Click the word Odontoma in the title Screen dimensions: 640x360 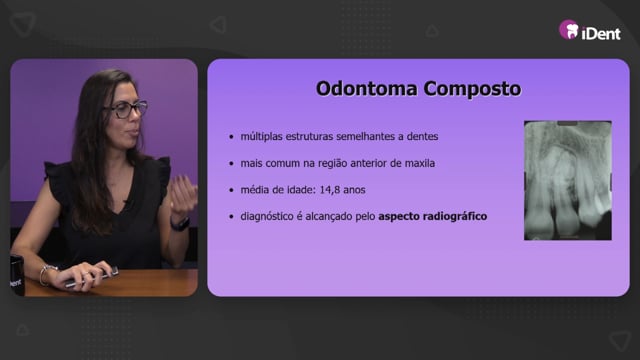click(x=367, y=89)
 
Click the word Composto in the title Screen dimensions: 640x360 click(x=472, y=89)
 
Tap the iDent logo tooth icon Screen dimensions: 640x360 click(x=569, y=29)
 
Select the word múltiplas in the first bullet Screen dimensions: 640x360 click(x=261, y=137)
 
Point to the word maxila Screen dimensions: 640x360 click(x=420, y=163)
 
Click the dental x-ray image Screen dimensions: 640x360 click(x=568, y=180)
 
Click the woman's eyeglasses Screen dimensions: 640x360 click(x=127, y=109)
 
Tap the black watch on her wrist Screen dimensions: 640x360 click(x=180, y=224)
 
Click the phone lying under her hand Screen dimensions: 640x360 click(x=93, y=278)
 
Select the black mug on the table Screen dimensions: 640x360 click(x=17, y=275)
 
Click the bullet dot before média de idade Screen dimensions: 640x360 click(x=231, y=190)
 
